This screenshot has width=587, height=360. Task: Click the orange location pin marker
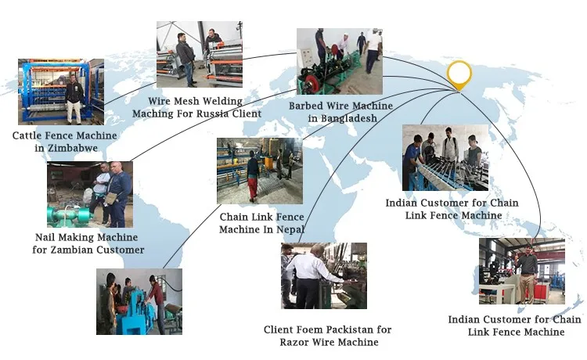459,75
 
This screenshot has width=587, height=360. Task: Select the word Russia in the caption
211,113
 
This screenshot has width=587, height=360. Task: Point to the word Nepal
287,229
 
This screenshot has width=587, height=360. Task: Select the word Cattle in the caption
29,135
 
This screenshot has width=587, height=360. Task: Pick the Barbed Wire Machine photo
339,62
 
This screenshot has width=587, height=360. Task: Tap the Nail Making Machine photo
89,194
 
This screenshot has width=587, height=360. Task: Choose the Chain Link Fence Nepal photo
259,171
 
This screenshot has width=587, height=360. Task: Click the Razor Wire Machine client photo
324,275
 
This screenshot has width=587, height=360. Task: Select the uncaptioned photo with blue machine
139,302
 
